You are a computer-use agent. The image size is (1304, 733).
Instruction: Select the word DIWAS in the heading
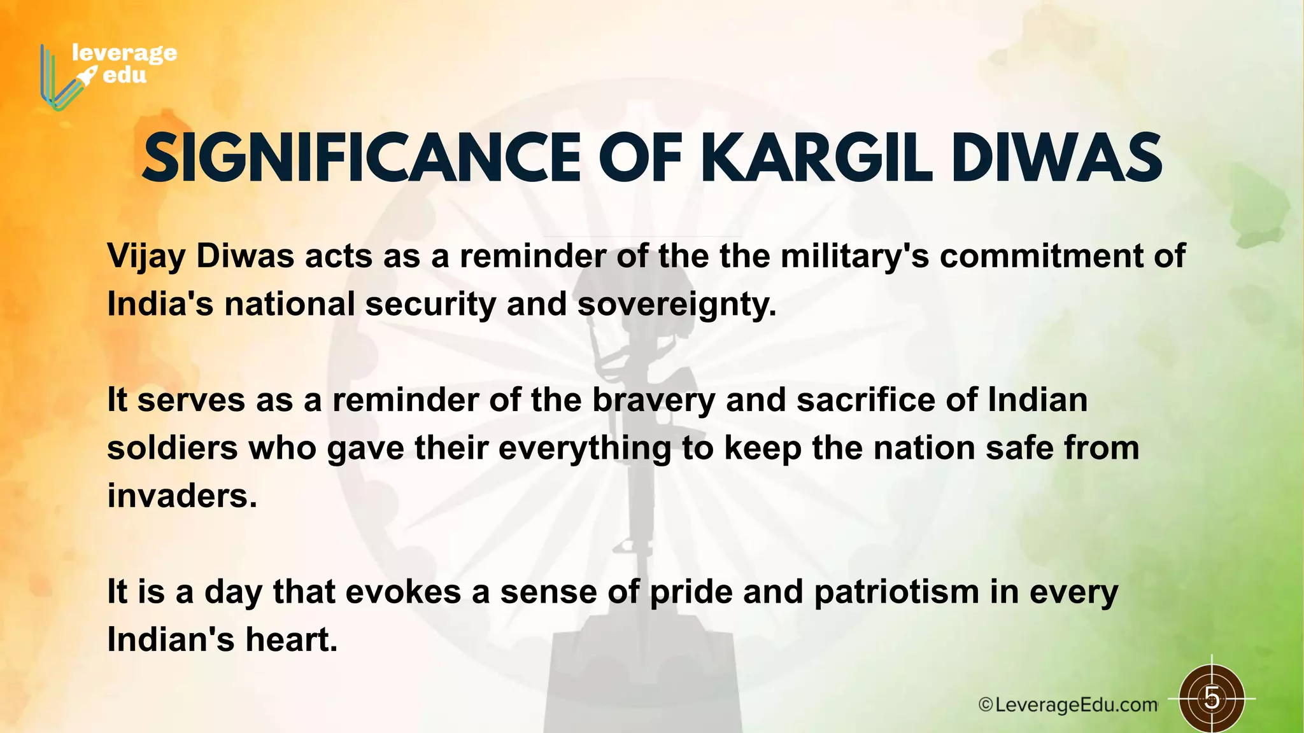pos(1058,158)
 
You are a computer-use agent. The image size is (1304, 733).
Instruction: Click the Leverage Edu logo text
pos(124,64)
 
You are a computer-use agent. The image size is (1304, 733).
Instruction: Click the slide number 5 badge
pos(1212,699)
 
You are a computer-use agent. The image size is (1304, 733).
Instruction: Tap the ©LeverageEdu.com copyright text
pos(1068,705)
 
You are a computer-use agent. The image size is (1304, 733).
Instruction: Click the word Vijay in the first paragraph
pos(146,257)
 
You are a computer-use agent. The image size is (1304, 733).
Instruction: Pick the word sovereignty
pos(676,305)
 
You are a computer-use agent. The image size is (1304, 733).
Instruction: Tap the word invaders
pos(181,496)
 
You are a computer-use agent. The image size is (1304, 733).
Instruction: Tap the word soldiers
pos(172,449)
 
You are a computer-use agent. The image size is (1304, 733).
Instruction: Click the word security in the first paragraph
pos(430,305)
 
